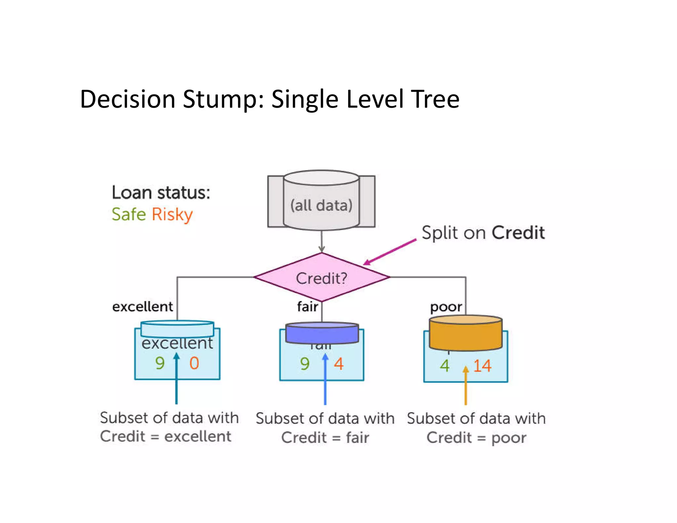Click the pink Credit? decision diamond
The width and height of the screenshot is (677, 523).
(322, 277)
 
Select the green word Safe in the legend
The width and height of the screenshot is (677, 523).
(129, 214)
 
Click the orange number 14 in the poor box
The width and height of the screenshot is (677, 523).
(482, 366)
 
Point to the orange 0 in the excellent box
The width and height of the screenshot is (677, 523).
(194, 363)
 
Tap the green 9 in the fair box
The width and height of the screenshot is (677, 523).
(305, 364)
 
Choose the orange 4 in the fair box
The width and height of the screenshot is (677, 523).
(338, 364)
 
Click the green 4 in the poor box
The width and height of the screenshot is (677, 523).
(445, 366)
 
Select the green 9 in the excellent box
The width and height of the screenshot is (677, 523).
(160, 363)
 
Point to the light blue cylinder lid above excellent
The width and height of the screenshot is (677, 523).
(177, 328)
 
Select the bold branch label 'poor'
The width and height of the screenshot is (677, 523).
(446, 307)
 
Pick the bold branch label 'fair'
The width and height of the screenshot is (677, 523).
(307, 306)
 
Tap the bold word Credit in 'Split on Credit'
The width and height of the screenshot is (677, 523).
(518, 232)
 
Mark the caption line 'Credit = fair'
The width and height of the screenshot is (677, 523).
(325, 437)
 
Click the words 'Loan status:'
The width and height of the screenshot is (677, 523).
(161, 192)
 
